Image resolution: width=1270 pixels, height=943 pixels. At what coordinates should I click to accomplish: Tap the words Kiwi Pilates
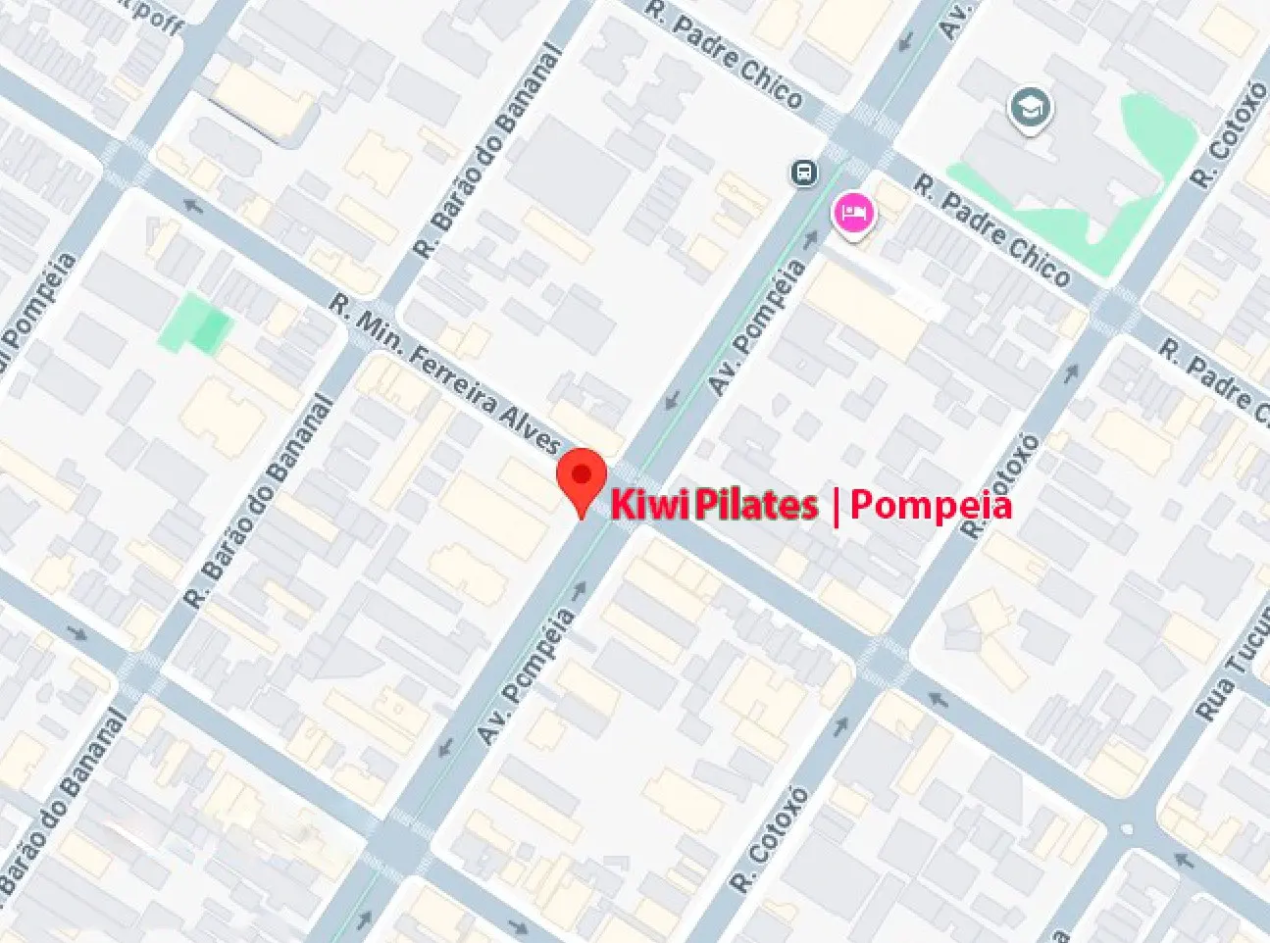[x=714, y=505]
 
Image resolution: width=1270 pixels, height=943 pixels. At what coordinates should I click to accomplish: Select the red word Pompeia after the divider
[x=930, y=505]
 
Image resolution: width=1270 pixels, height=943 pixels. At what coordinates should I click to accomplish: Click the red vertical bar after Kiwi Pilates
[x=835, y=506]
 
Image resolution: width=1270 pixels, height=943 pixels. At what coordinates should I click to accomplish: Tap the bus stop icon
[x=804, y=174]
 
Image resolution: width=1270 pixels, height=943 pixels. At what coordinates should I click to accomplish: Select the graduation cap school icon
[x=1030, y=106]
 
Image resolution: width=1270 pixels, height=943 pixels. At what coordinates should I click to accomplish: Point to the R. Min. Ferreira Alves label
[x=445, y=373]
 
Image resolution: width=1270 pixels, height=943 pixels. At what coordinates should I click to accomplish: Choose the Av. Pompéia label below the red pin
[x=526, y=674]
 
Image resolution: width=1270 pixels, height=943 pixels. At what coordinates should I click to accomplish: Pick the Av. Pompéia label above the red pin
[x=758, y=326]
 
